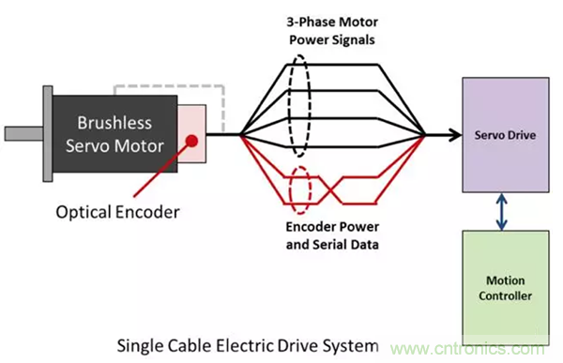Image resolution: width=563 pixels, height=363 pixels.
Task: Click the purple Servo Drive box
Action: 506,135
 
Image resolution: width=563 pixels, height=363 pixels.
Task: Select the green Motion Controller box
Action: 506,288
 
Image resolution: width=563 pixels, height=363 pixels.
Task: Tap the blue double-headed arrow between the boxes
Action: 502,211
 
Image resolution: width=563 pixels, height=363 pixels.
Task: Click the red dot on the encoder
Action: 192,141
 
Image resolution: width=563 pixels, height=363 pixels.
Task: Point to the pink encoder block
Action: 191,133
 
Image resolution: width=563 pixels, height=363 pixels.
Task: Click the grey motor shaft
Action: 23,133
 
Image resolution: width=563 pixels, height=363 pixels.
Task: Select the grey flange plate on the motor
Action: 48,133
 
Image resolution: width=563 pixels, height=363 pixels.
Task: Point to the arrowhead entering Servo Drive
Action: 456,135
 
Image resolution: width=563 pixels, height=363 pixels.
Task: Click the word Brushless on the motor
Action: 114,123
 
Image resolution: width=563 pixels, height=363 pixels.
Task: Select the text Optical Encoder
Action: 118,212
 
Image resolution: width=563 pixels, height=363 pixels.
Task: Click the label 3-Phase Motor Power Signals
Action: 332,31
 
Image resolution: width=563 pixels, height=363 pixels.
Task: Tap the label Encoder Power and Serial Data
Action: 332,235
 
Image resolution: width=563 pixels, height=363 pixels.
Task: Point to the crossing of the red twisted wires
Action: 330,190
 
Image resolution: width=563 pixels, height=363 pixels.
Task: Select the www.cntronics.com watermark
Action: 467,349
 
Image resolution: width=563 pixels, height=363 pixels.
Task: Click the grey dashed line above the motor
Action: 170,86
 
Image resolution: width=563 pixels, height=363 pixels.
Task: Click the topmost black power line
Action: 332,65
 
